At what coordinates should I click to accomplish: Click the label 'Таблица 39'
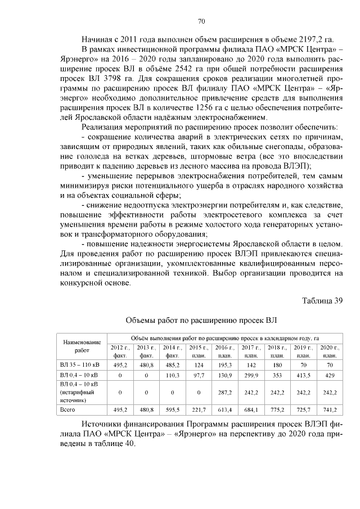click(322, 300)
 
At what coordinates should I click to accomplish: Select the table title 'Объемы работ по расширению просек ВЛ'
click(201, 321)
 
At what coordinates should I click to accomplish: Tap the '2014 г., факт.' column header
click(172, 352)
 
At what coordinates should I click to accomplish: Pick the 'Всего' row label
click(68, 409)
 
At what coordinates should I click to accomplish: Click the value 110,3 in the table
click(172, 375)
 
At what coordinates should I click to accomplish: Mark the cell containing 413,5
click(303, 375)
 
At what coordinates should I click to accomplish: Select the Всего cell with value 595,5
click(172, 409)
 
